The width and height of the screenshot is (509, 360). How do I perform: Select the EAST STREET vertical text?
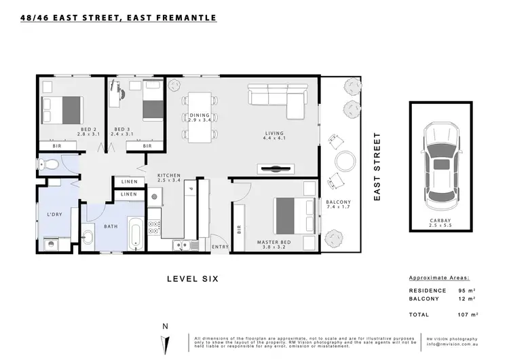point(378,166)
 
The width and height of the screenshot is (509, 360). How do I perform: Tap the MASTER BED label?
point(275,242)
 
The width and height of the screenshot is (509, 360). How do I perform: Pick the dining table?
point(200,117)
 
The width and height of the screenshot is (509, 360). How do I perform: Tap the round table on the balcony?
point(346,161)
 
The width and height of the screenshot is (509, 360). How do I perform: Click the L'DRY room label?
point(55,215)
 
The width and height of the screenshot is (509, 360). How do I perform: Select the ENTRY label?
point(220,247)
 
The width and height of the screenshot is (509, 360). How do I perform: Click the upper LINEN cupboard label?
point(129,181)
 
